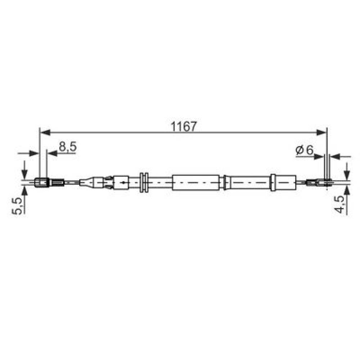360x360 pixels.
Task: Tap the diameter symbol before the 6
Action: coord(300,150)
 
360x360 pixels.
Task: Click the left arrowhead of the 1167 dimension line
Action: coord(45,132)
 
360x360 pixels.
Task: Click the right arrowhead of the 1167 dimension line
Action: coord(321,132)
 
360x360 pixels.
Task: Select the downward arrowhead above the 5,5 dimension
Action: coord(24,174)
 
